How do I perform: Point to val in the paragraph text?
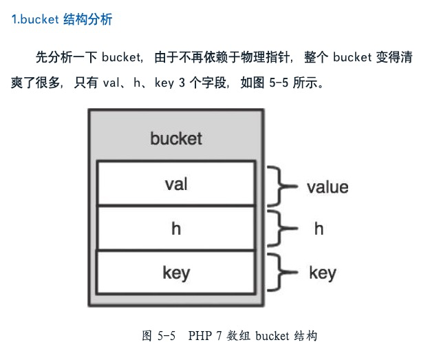click(x=112, y=83)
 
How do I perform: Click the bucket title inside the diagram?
click(x=176, y=138)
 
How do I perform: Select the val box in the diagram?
click(x=176, y=184)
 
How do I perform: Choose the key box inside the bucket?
click(x=176, y=273)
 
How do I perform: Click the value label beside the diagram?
click(x=327, y=187)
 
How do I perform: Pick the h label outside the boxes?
click(x=319, y=229)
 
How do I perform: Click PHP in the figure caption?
click(x=197, y=337)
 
